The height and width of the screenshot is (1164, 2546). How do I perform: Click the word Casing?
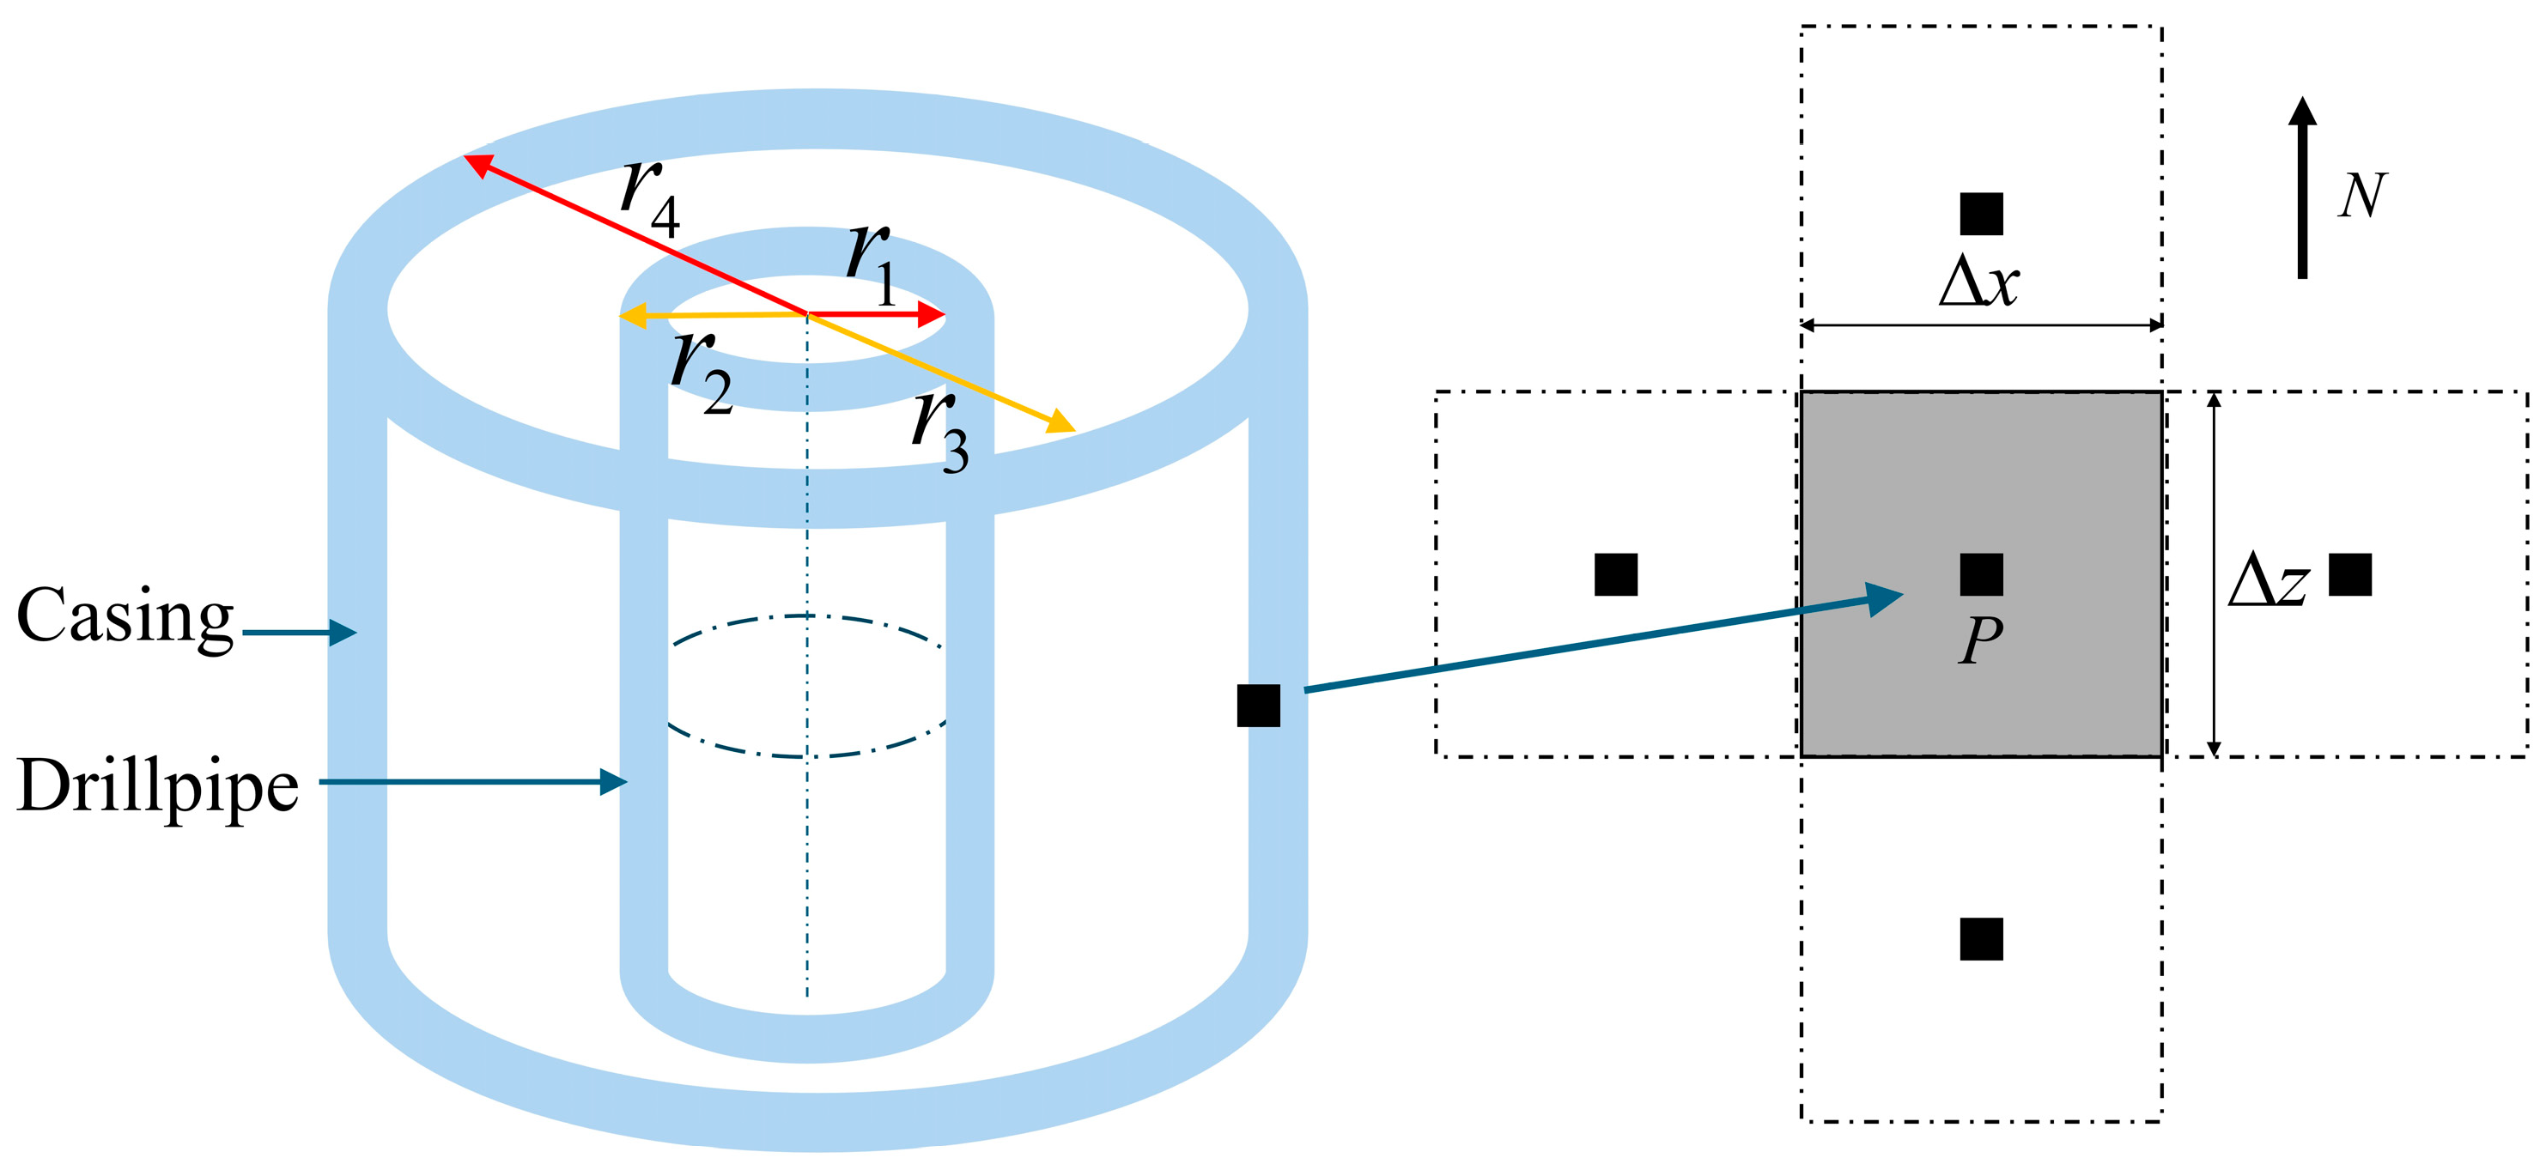[125, 616]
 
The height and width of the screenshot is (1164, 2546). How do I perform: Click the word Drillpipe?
[158, 785]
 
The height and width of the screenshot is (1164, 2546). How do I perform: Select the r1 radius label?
[872, 263]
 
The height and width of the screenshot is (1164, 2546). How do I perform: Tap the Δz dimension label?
[2269, 580]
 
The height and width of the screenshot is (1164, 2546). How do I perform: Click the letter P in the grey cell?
[1981, 640]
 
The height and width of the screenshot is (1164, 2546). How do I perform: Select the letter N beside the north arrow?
[2363, 196]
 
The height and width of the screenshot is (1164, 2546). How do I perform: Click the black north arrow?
[2303, 188]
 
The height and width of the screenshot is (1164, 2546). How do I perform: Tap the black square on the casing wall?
[1258, 706]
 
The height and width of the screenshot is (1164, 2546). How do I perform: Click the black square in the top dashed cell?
[1982, 215]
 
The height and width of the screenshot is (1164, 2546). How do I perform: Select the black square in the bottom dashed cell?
[1982, 939]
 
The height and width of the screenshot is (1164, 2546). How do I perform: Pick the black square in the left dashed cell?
[1616, 574]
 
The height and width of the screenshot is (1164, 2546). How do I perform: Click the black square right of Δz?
[2350, 574]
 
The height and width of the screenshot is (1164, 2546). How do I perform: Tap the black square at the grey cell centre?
[1982, 574]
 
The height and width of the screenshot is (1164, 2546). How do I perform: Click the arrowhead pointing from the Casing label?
[343, 633]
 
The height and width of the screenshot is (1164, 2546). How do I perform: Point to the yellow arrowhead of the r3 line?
[1062, 423]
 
